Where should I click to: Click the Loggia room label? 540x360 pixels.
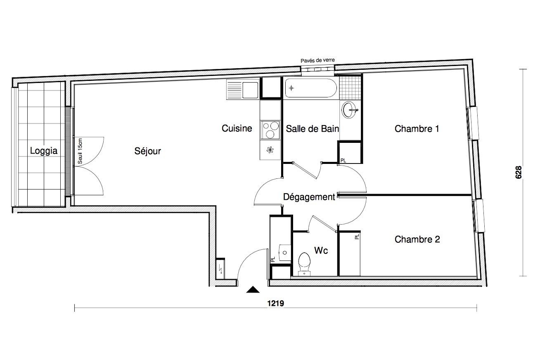coord(44,151)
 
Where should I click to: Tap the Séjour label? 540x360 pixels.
coord(147,151)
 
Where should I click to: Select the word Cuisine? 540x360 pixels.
coord(237,128)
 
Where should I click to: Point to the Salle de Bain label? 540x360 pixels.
coord(313,129)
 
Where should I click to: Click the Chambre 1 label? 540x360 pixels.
coord(417,129)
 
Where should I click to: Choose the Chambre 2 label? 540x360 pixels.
coord(417,239)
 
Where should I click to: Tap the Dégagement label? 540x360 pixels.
coord(309,197)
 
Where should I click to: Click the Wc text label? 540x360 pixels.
coord(321,251)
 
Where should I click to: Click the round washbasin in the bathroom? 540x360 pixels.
coord(349,110)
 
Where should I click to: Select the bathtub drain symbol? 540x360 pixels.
coord(291,88)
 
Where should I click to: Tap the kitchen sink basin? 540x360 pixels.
coord(250,90)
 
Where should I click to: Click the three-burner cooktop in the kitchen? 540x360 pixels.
coord(270,130)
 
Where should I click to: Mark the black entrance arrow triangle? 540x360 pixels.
coord(253,289)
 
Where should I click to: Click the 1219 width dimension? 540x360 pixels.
coord(275,303)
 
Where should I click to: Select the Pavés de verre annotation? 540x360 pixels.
coord(317,60)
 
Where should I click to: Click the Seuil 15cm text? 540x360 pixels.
coord(80,151)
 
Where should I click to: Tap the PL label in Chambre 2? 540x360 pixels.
coord(357,237)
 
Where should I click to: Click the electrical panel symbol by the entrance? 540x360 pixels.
coord(220,269)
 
